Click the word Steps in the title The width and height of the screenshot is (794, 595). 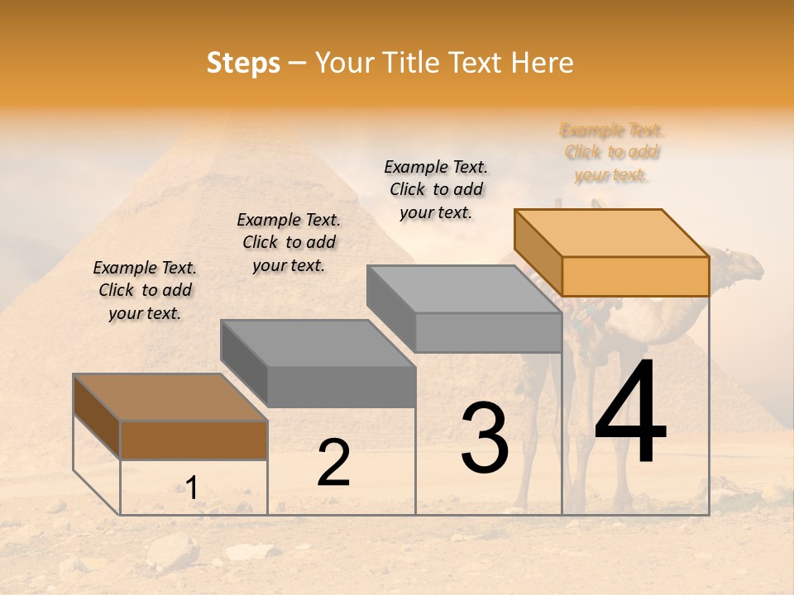point(243,63)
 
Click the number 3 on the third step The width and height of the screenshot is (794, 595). point(485,437)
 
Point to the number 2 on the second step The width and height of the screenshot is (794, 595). point(333,462)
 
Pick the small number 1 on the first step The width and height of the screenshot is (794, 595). point(191,488)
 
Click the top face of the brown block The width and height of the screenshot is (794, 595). point(170,397)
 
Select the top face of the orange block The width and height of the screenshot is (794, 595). point(612,232)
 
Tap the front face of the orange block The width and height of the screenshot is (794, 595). point(635,276)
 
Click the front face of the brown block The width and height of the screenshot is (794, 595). point(194,440)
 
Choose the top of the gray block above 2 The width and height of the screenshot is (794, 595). point(318,342)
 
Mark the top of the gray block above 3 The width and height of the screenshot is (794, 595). point(464,288)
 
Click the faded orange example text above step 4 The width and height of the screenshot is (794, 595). point(612,153)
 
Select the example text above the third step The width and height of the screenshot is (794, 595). point(436,189)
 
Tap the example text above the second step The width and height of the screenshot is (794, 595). point(289,242)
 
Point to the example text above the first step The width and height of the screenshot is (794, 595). point(145,290)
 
